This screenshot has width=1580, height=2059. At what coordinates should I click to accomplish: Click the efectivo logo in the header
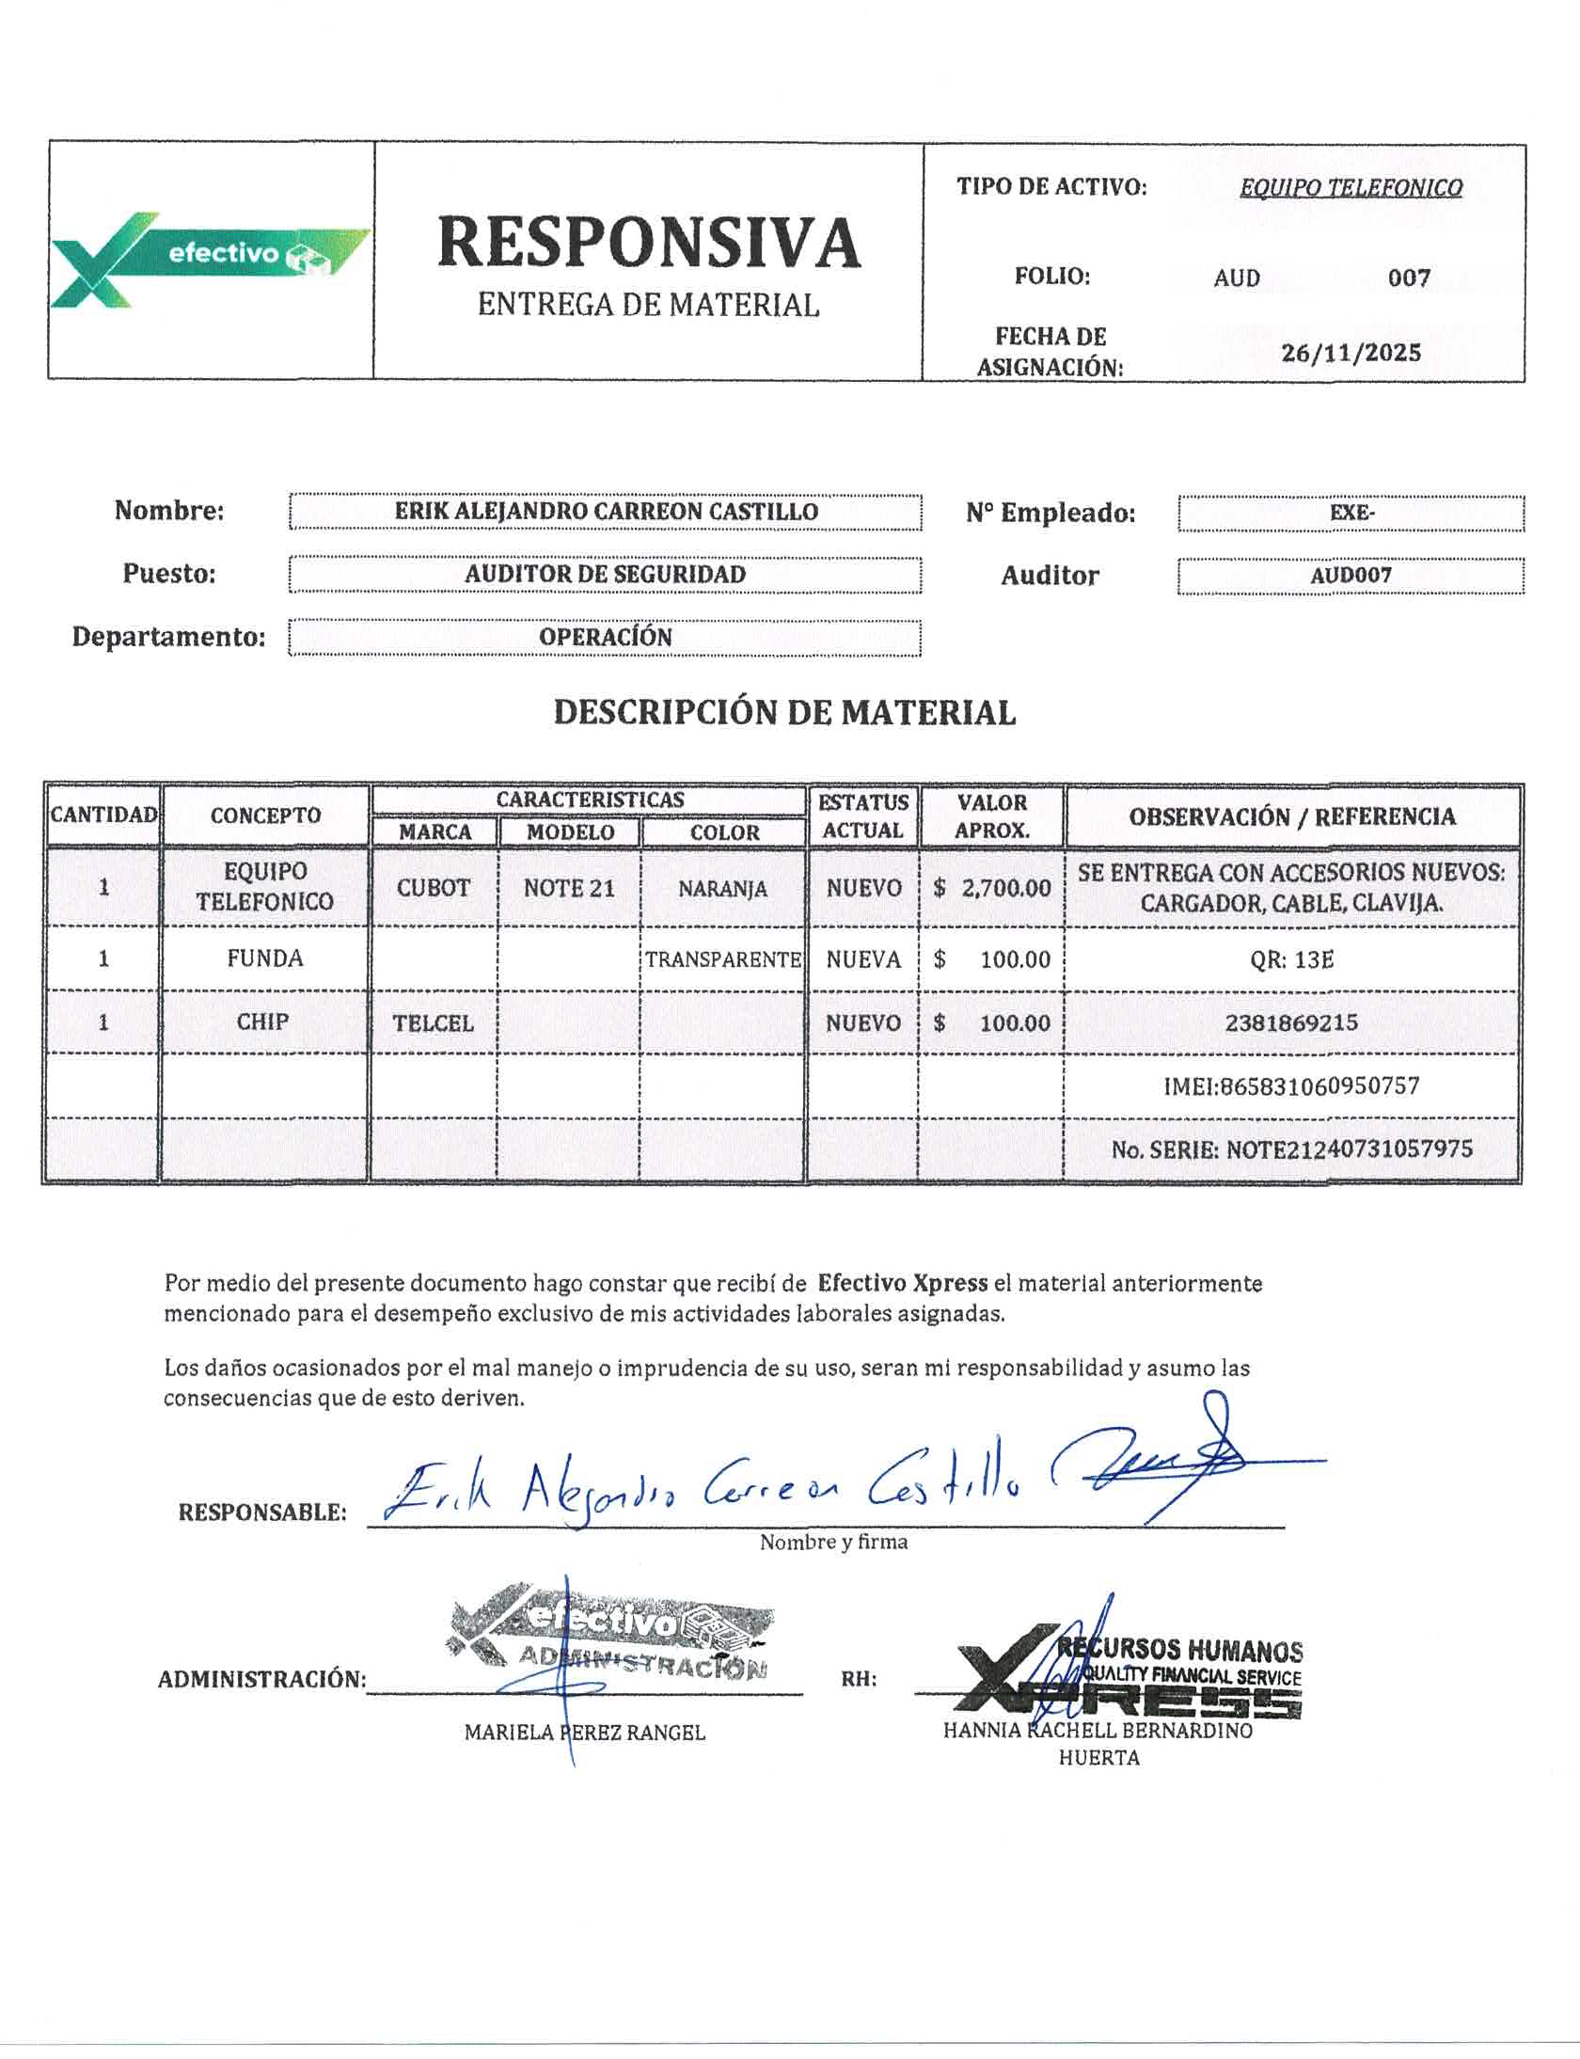pyautogui.click(x=209, y=259)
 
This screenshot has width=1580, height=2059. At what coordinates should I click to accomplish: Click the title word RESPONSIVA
pyautogui.click(x=648, y=243)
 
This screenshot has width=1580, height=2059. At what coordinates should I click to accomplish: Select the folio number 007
pyautogui.click(x=1409, y=278)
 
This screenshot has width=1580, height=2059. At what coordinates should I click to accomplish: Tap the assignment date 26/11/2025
pyautogui.click(x=1351, y=354)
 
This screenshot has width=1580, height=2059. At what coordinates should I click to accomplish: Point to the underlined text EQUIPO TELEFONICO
pyautogui.click(x=1351, y=188)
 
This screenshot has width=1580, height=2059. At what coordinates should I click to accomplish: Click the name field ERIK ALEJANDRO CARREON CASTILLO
pyautogui.click(x=606, y=513)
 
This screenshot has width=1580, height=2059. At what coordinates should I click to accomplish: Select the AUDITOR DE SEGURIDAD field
pyautogui.click(x=606, y=575)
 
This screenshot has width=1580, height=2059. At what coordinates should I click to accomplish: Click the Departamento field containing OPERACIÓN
pyautogui.click(x=606, y=638)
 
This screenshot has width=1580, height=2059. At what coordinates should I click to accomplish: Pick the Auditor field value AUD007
pyautogui.click(x=1351, y=576)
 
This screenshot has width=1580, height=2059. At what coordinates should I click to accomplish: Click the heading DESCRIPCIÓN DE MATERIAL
pyautogui.click(x=784, y=713)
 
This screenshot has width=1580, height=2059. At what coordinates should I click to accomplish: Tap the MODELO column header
pyautogui.click(x=570, y=832)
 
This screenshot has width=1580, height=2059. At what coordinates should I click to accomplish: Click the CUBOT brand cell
pyautogui.click(x=434, y=888)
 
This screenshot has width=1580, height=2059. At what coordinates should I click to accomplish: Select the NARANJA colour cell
pyautogui.click(x=722, y=889)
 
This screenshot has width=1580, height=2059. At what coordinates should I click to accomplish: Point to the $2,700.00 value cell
pyautogui.click(x=992, y=888)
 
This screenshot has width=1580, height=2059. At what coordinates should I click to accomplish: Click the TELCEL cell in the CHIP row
pyautogui.click(x=434, y=1023)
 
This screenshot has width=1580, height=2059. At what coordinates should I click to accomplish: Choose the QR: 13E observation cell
pyautogui.click(x=1291, y=959)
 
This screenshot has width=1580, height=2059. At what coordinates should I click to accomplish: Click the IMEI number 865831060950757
pyautogui.click(x=1291, y=1086)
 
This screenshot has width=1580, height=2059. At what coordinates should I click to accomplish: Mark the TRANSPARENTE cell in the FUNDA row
pyautogui.click(x=722, y=959)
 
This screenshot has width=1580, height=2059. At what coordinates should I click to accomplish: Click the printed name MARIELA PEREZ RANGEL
pyautogui.click(x=584, y=1733)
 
